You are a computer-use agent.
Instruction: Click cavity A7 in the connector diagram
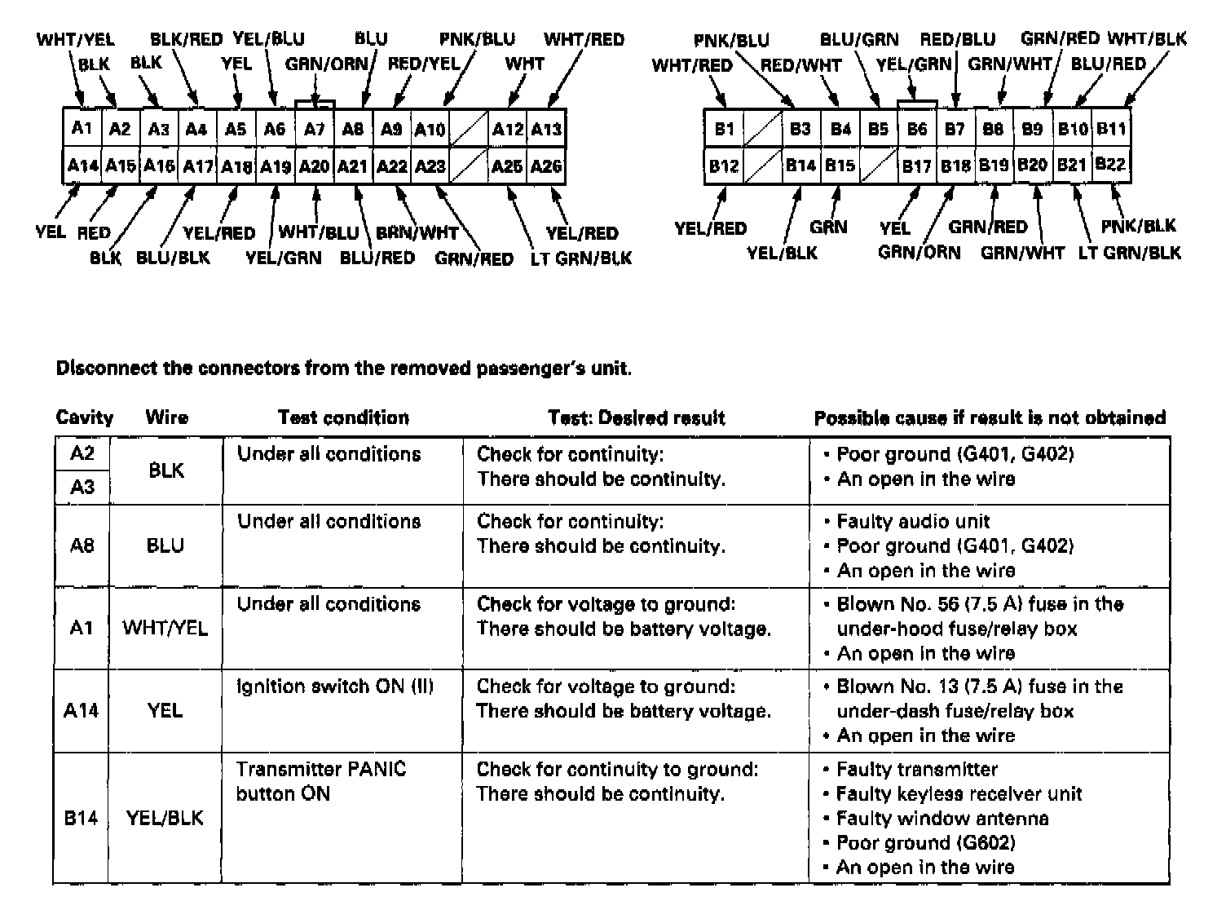pos(314,129)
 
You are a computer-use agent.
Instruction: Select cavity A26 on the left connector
pos(546,166)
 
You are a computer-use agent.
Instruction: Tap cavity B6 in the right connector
pos(917,129)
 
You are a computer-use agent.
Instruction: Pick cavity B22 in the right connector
pos(1110,165)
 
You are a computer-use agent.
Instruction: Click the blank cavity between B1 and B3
pos(763,129)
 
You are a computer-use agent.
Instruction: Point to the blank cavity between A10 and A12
pos(469,129)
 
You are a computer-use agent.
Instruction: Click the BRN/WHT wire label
pos(417,233)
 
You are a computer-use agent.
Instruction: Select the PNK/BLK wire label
pos(1138,227)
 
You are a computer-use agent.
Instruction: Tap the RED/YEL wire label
pos(424,64)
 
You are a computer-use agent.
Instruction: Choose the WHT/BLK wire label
pos(1147,38)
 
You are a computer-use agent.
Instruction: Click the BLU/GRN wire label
pos(858,39)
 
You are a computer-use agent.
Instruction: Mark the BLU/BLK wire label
pos(173,258)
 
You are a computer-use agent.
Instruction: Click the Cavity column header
pos(84,417)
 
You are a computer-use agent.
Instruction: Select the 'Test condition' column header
pos(343,417)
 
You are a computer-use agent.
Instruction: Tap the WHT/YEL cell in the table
pos(165,628)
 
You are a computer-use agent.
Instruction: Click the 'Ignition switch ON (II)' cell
pos(335,687)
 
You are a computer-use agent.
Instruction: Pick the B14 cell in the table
pos(81,818)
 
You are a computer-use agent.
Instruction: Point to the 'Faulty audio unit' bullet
pos(913,522)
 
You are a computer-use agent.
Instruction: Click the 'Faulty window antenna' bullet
pos(942,819)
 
